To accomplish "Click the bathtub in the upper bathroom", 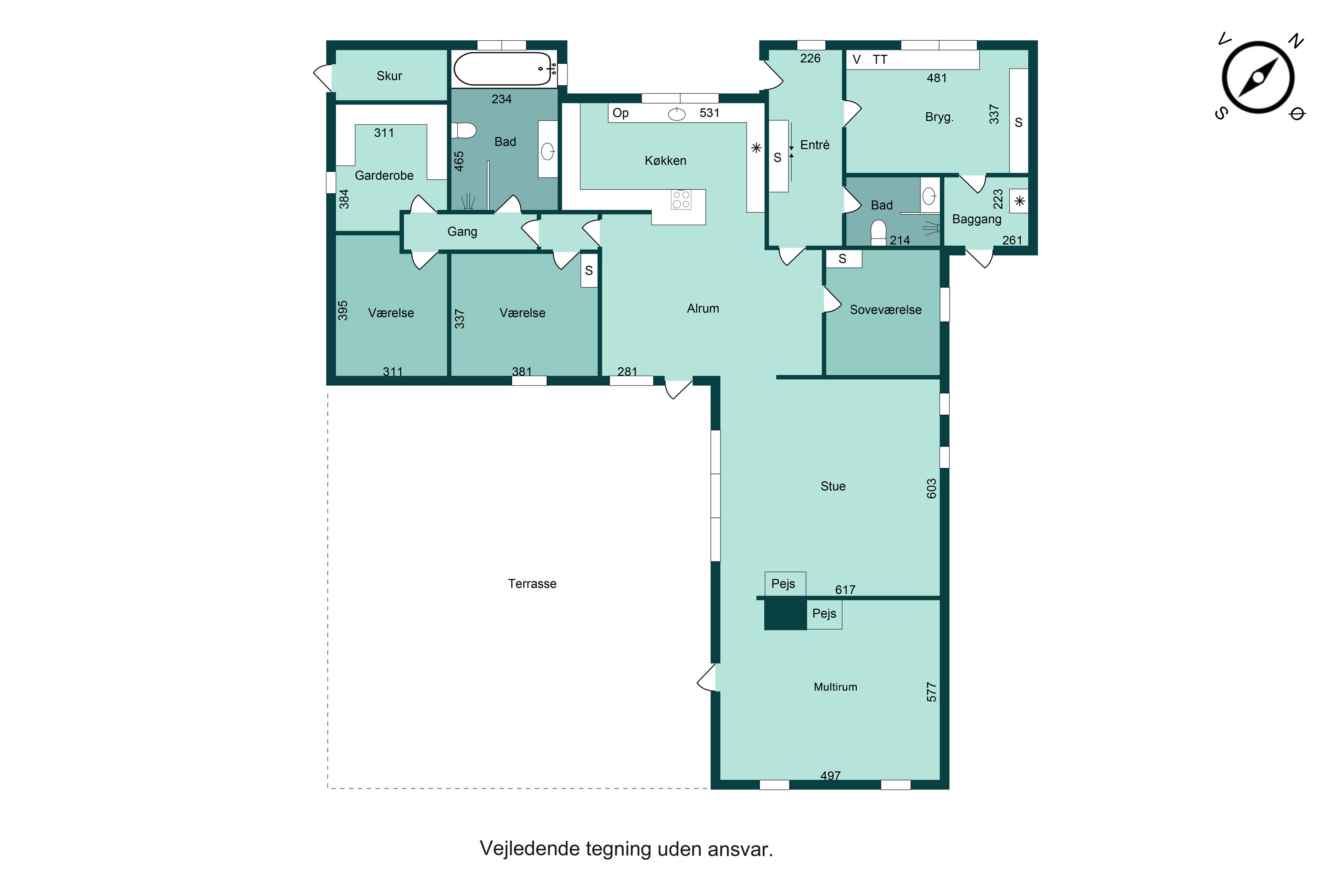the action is (505, 69).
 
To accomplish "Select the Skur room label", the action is (389, 76).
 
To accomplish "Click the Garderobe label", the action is (384, 176).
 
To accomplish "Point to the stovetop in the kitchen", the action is (681, 199).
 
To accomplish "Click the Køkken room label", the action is (666, 161).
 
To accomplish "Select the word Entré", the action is (815, 145).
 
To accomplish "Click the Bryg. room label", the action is (940, 117).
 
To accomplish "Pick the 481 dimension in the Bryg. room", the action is (936, 78).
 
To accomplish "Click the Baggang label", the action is (977, 219).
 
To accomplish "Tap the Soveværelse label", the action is (886, 310).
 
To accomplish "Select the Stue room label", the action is (833, 486).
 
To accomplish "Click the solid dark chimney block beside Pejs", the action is (786, 614).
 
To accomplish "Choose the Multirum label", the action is (836, 687).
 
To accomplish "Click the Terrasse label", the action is (532, 584).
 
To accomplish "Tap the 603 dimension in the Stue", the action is (932, 489).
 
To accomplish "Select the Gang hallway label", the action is (462, 232).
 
